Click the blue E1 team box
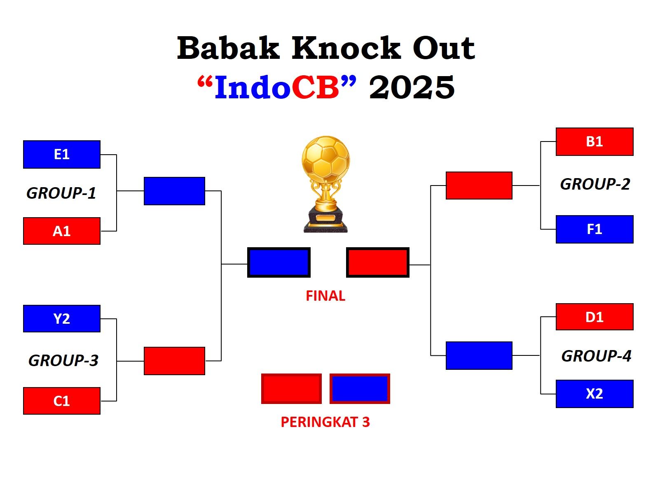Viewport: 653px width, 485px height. tap(61, 154)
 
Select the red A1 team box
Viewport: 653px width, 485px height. tap(61, 231)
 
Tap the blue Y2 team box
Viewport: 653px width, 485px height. tap(61, 318)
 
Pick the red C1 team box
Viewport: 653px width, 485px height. tap(61, 401)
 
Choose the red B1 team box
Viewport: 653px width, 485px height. tap(594, 142)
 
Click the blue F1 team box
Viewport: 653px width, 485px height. tap(594, 229)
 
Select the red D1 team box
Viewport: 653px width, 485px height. tap(594, 317)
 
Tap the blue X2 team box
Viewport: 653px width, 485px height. tap(594, 394)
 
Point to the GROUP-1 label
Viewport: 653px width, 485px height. tap(61, 193)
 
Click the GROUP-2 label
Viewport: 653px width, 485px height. tap(595, 184)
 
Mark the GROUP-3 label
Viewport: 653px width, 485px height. tap(63, 360)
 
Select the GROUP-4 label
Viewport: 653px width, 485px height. tap(596, 356)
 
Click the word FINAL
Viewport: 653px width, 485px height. tap(325, 296)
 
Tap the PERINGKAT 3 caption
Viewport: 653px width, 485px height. tap(325, 422)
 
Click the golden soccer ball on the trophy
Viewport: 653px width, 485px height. tap(325, 159)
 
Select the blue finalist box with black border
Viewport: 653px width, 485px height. tap(279, 262)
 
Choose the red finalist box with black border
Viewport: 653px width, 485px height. tap(377, 262)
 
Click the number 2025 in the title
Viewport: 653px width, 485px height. tap(412, 87)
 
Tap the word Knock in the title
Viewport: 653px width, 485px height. tap(346, 48)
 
